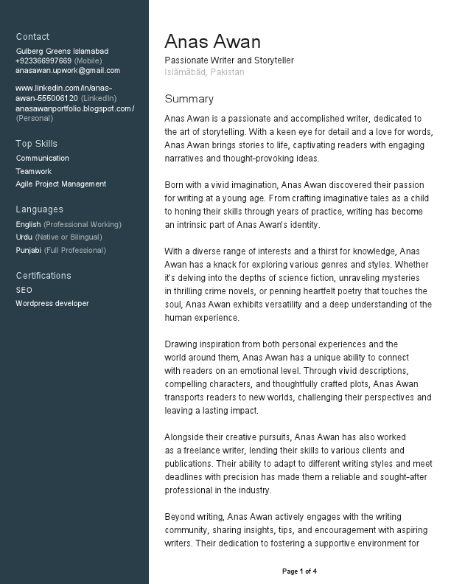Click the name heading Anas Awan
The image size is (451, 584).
pyautogui.click(x=212, y=41)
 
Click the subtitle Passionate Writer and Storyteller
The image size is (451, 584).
pyautogui.click(x=229, y=60)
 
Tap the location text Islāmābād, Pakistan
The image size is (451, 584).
pyautogui.click(x=204, y=72)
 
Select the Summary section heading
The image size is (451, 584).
pyautogui.click(x=189, y=99)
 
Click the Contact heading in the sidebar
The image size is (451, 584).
pyautogui.click(x=32, y=37)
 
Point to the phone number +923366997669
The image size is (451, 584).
pyautogui.click(x=43, y=60)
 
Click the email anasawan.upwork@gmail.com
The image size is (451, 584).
pyautogui.click(x=68, y=70)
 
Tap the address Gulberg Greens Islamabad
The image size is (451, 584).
pyautogui.click(x=62, y=51)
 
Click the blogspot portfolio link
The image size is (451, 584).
pyautogui.click(x=74, y=108)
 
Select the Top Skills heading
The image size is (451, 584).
pyautogui.click(x=36, y=144)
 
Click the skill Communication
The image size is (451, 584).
pyautogui.click(x=43, y=158)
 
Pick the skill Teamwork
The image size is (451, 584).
pyautogui.click(x=34, y=171)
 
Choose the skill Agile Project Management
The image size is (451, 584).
pyautogui.click(x=61, y=184)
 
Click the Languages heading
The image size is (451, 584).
pyautogui.click(x=40, y=209)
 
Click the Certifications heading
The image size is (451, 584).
pyautogui.click(x=43, y=276)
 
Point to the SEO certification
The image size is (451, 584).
pyautogui.click(x=24, y=290)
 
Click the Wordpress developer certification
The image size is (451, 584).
pyautogui.click(x=52, y=303)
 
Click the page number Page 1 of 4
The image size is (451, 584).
pyautogui.click(x=300, y=571)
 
